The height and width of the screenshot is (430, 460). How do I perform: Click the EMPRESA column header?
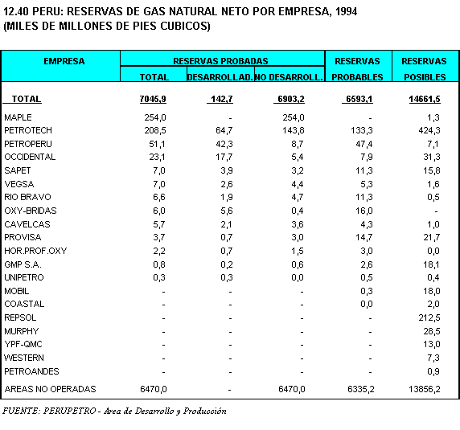pyautogui.click(x=64, y=61)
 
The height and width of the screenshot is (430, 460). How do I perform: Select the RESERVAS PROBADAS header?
pyautogui.click(x=220, y=61)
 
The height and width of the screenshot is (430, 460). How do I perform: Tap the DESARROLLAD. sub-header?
pyautogui.click(x=220, y=77)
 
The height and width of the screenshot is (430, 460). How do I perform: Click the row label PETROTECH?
pyautogui.click(x=28, y=130)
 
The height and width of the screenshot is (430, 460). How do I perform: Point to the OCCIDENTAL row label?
pyautogui.click(x=30, y=157)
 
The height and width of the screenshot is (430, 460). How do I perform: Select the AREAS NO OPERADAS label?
pyautogui.click(x=50, y=389)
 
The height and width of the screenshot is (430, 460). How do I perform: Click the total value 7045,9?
pyautogui.click(x=153, y=99)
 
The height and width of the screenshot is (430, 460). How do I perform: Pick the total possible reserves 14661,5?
pyautogui.click(x=425, y=99)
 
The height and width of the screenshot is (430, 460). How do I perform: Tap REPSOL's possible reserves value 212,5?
pyautogui.click(x=429, y=317)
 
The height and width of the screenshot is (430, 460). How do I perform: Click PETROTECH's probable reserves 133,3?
pyautogui.click(x=362, y=130)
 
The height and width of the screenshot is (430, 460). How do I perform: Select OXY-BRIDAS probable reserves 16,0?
pyautogui.click(x=364, y=211)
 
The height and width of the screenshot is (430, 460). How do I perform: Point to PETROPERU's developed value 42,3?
pyautogui.click(x=224, y=144)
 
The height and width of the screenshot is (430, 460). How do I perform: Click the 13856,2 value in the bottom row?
pyautogui.click(x=425, y=389)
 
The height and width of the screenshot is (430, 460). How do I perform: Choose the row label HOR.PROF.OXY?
pyautogui.click(x=35, y=251)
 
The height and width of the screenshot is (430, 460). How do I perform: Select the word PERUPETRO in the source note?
pyautogui.click(x=69, y=411)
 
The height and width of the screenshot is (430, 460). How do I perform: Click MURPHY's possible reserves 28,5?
pyautogui.click(x=432, y=331)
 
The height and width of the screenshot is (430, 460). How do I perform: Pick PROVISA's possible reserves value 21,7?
pyautogui.click(x=432, y=237)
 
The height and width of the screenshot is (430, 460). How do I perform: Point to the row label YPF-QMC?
pyautogui.click(x=23, y=344)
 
